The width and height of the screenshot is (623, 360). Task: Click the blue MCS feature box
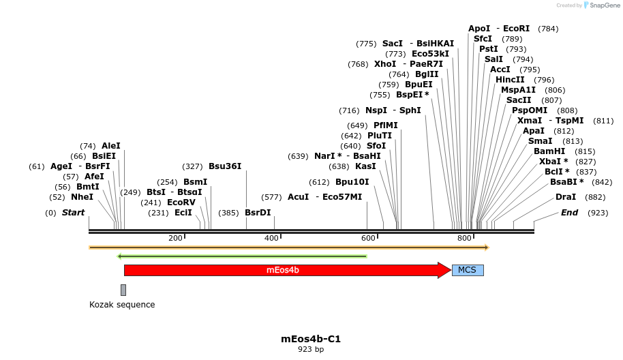(467, 270)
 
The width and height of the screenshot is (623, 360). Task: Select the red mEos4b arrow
(283, 270)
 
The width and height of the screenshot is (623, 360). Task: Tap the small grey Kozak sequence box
(123, 290)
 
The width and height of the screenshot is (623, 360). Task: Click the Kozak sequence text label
(122, 305)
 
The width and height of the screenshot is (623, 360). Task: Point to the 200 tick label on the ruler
(175, 238)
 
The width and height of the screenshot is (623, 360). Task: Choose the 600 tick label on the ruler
(368, 238)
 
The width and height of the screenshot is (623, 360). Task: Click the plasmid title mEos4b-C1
(311, 339)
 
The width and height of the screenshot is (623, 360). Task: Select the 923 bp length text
(311, 350)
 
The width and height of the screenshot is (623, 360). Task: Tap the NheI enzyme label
(82, 197)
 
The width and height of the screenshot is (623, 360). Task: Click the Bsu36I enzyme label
(225, 166)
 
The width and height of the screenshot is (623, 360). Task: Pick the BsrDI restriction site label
(258, 213)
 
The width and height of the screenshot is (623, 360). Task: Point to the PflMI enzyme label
(386, 125)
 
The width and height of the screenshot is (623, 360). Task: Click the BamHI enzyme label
(549, 151)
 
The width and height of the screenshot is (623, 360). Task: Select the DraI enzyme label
(566, 197)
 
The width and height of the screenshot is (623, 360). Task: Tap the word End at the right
(569, 213)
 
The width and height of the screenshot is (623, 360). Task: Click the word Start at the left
(73, 213)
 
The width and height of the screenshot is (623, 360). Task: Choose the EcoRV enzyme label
(181, 202)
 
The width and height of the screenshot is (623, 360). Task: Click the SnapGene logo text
(605, 5)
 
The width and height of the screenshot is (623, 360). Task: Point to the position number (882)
(595, 197)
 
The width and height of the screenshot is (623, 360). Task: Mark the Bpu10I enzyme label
(352, 182)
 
